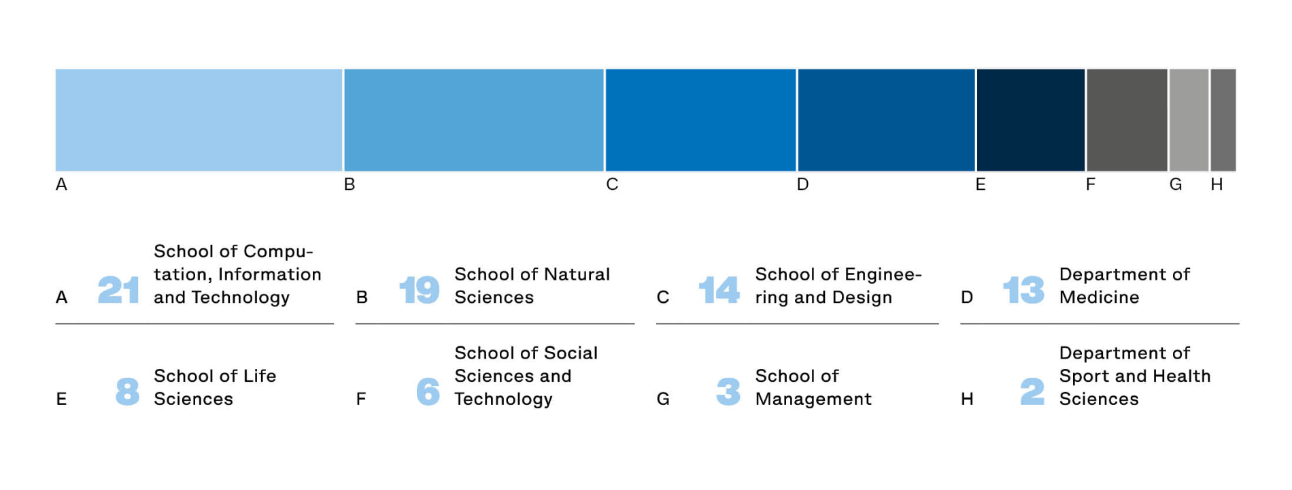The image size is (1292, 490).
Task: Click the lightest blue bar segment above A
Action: pyautogui.click(x=199, y=120)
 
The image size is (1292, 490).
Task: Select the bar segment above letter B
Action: pyautogui.click(x=474, y=120)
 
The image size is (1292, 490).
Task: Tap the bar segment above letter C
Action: pyautogui.click(x=700, y=120)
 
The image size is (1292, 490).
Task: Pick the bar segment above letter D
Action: pyautogui.click(x=886, y=120)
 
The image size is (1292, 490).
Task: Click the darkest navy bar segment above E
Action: pyautogui.click(x=1031, y=120)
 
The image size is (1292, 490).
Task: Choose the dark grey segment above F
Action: pyautogui.click(x=1127, y=120)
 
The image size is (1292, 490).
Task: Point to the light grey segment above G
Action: pyautogui.click(x=1189, y=120)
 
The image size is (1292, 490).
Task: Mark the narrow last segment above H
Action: pyautogui.click(x=1223, y=120)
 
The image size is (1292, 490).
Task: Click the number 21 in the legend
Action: pyautogui.click(x=118, y=290)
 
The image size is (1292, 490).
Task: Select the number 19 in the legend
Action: pyautogui.click(x=419, y=290)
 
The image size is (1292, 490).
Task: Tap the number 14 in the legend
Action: pyautogui.click(x=719, y=290)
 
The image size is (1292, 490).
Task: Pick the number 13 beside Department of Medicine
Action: pyautogui.click(x=1023, y=290)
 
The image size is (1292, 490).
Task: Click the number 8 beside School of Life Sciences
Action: pyautogui.click(x=127, y=391)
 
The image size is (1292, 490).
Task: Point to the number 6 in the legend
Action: pyautogui.click(x=428, y=391)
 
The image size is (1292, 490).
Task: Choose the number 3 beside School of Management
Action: pyautogui.click(x=728, y=391)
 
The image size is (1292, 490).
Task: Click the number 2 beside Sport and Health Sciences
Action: pyautogui.click(x=1032, y=391)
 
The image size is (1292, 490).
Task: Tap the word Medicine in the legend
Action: pyautogui.click(x=1099, y=297)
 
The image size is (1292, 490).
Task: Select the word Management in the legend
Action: pyautogui.click(x=813, y=399)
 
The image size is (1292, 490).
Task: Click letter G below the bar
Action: pyautogui.click(x=1176, y=184)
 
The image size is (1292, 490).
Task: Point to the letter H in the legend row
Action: pyautogui.click(x=967, y=399)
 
